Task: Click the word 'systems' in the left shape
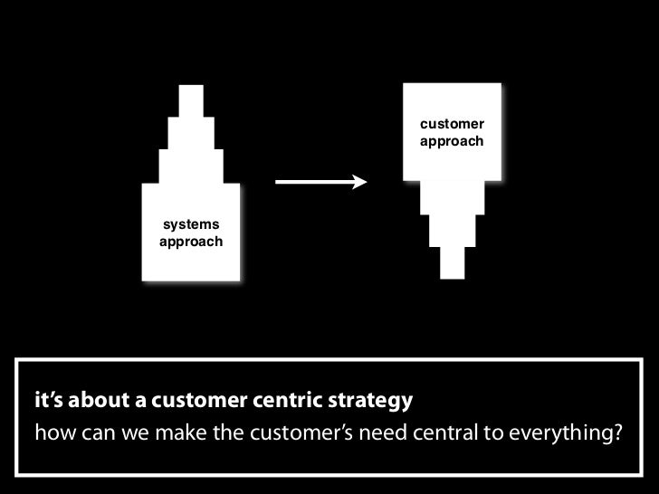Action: pyautogui.click(x=190, y=225)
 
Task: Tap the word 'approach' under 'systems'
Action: pyautogui.click(x=190, y=242)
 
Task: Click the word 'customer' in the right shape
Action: pyautogui.click(x=452, y=124)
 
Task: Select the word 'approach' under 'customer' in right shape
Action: pyautogui.click(x=452, y=142)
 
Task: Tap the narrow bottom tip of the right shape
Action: pyautogui.click(x=452, y=262)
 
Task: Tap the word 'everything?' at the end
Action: pyautogui.click(x=568, y=427)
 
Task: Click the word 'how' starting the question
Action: pyautogui.click(x=52, y=427)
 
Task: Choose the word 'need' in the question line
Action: pyautogui.click(x=388, y=427)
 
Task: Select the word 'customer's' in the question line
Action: pyautogui.click(x=316, y=427)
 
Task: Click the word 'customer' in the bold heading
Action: pyautogui.click(x=204, y=399)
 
